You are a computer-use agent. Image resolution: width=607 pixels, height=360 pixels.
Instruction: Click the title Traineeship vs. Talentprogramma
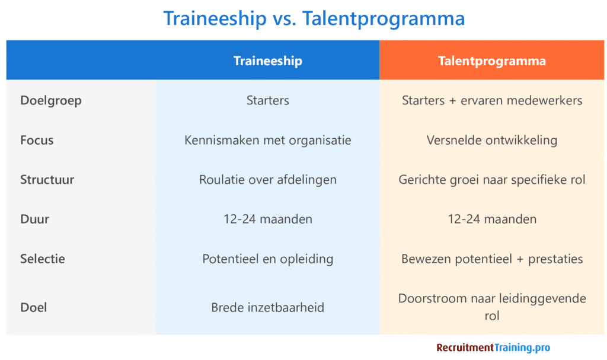[314, 18]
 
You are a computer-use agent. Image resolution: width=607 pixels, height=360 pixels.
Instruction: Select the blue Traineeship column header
[267, 60]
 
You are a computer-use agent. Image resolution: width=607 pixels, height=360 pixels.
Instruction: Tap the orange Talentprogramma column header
[491, 60]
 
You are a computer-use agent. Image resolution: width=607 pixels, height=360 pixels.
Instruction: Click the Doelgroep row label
[51, 100]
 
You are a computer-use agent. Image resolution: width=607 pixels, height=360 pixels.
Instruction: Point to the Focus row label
[37, 140]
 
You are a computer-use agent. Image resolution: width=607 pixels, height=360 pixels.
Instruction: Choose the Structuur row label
[47, 179]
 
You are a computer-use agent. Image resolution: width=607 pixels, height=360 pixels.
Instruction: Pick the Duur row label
[34, 219]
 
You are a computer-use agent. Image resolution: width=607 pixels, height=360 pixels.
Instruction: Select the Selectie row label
[43, 259]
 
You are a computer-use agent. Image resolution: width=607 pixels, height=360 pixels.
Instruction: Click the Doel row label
[34, 307]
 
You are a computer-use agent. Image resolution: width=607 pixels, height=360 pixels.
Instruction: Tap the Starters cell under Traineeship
[267, 100]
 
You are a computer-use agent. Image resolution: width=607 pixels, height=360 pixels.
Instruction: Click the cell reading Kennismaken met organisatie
[267, 140]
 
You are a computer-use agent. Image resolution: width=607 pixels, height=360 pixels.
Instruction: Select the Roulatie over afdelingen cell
[267, 179]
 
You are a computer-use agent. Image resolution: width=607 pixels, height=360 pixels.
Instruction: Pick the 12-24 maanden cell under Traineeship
[267, 219]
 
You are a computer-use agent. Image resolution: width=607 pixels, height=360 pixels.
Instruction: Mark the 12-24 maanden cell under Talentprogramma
[491, 219]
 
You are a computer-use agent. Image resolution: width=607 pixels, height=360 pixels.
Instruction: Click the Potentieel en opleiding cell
[267, 259]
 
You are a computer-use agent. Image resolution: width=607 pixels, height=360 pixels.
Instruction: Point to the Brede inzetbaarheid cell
[267, 307]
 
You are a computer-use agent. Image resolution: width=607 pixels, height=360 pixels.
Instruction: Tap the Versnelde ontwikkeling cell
[491, 140]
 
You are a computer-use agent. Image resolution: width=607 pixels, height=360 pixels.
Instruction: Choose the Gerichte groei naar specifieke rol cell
[491, 179]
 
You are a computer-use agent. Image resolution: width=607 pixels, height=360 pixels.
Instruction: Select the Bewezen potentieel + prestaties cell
[491, 259]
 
